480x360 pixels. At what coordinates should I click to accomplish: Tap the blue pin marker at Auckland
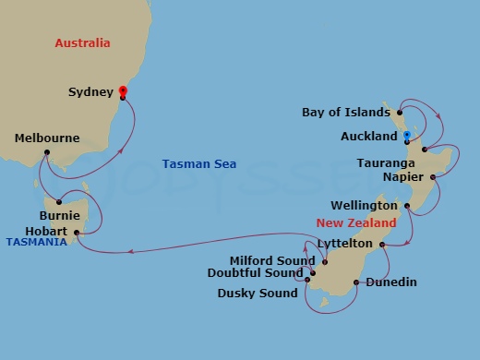point(406,136)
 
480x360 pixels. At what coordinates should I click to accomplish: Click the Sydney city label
point(90,92)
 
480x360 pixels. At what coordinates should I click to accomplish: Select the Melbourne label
point(48,138)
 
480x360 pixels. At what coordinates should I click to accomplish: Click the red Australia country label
point(82,43)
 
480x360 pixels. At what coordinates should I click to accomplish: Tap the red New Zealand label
point(356,223)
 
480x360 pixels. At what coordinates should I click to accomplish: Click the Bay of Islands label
point(346,113)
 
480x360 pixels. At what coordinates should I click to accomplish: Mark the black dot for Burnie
point(58,202)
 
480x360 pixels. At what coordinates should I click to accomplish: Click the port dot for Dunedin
point(355,282)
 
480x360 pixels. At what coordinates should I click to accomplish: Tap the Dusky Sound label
point(258,294)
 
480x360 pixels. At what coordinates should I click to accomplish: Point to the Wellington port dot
point(406,205)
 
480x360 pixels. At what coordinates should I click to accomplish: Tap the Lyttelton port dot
point(382,245)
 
